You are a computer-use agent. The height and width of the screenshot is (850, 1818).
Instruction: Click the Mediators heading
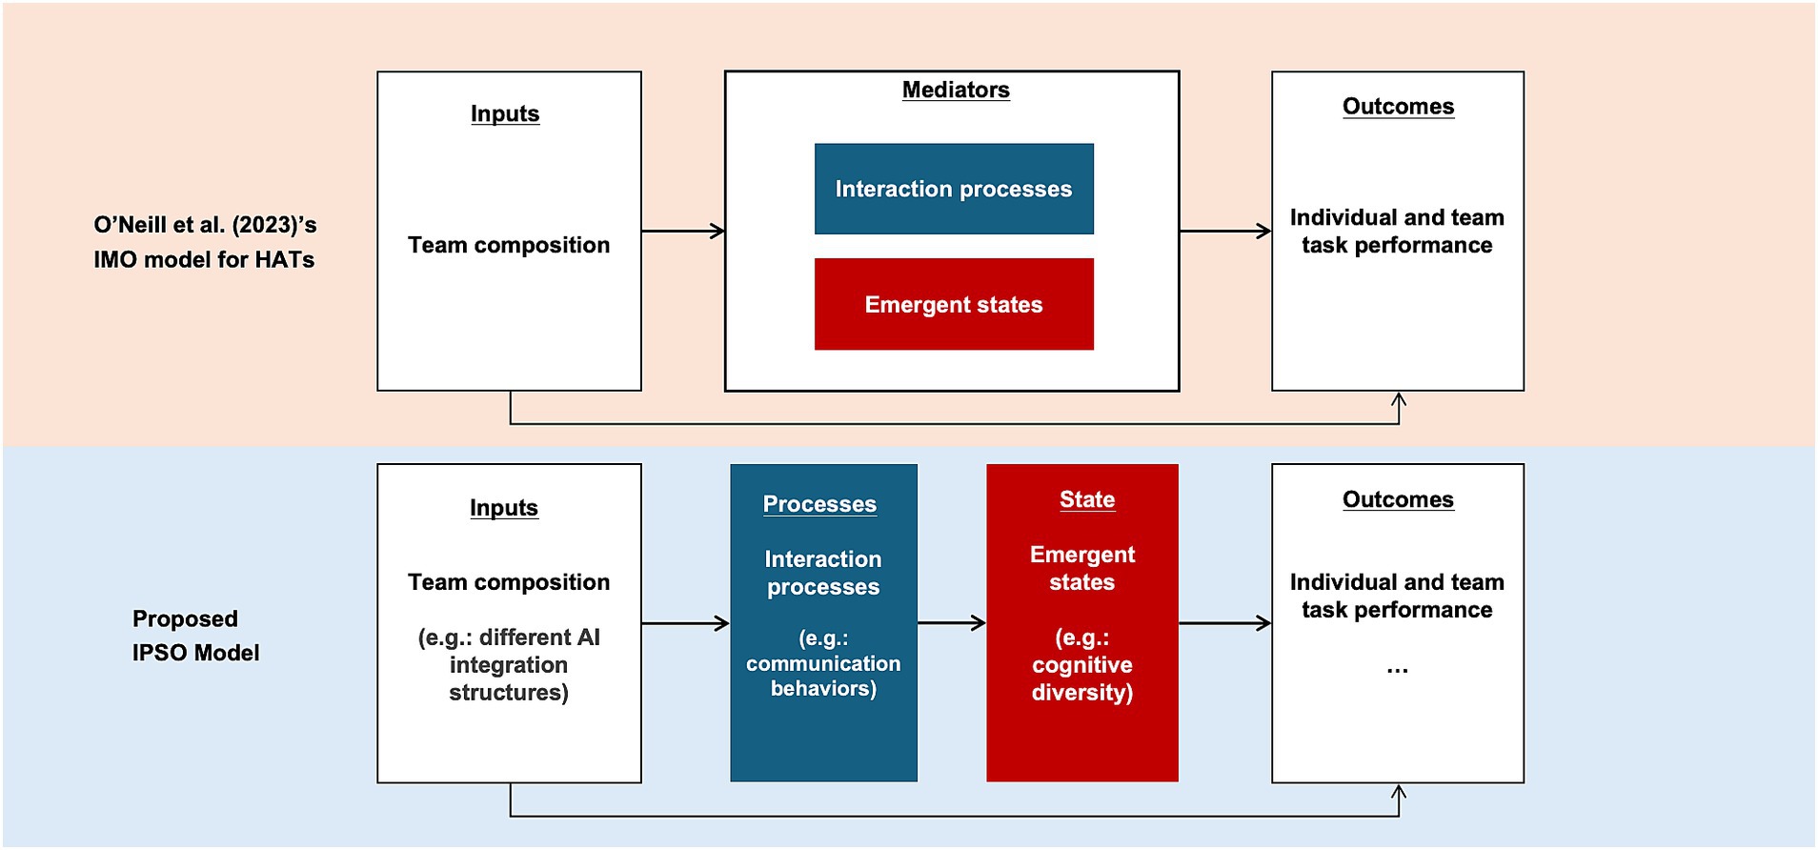pyautogui.click(x=955, y=91)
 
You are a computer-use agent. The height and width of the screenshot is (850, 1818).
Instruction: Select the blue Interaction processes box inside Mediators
pyautogui.click(x=953, y=189)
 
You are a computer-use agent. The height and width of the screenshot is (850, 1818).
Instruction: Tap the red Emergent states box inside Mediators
pyautogui.click(x=953, y=304)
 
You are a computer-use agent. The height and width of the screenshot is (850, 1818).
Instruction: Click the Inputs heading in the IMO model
pyautogui.click(x=505, y=114)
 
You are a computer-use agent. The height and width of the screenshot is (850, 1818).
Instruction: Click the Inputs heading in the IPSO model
pyautogui.click(x=503, y=508)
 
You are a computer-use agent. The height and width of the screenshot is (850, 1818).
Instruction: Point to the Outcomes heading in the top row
pyautogui.click(x=1397, y=107)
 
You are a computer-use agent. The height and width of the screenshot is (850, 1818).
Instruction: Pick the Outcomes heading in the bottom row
pyautogui.click(x=1397, y=500)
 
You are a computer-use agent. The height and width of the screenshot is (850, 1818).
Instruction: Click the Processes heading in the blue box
pyautogui.click(x=819, y=504)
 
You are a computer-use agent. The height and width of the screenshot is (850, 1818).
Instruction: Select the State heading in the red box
pyautogui.click(x=1086, y=500)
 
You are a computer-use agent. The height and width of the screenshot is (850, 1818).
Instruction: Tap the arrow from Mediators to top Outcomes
pyautogui.click(x=1225, y=231)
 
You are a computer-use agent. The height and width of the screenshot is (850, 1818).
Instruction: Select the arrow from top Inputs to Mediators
pyautogui.click(x=682, y=231)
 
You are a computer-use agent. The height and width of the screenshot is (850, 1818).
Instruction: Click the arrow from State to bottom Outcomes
pyautogui.click(x=1225, y=623)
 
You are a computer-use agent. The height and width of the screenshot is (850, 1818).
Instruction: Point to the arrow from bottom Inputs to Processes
pyautogui.click(x=685, y=623)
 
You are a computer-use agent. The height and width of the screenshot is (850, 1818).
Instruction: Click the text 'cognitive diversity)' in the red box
pyautogui.click(x=1081, y=678)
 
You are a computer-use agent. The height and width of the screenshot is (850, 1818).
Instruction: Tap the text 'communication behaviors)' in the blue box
pyautogui.click(x=823, y=676)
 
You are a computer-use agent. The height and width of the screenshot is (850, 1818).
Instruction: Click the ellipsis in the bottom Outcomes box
pyautogui.click(x=1397, y=669)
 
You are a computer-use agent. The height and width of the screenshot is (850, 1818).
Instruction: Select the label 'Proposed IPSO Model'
pyautogui.click(x=195, y=636)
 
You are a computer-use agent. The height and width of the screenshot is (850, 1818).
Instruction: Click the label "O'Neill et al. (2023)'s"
pyautogui.click(x=205, y=225)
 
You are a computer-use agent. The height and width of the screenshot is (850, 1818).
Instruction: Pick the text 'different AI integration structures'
pyautogui.click(x=509, y=665)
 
